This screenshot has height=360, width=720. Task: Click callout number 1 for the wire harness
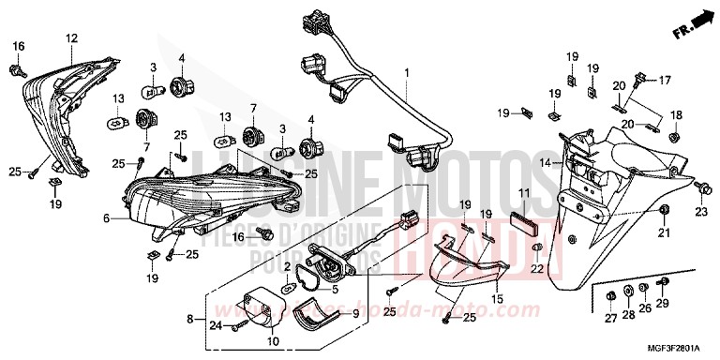click(x=407, y=72)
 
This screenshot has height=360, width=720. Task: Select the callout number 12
click(x=71, y=38)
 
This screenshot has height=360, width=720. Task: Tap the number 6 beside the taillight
click(x=106, y=218)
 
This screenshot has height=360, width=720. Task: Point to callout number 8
click(x=191, y=320)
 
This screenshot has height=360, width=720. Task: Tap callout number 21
click(x=665, y=232)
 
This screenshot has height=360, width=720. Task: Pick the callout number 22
click(x=537, y=270)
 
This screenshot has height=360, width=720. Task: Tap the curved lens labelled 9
click(x=312, y=323)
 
